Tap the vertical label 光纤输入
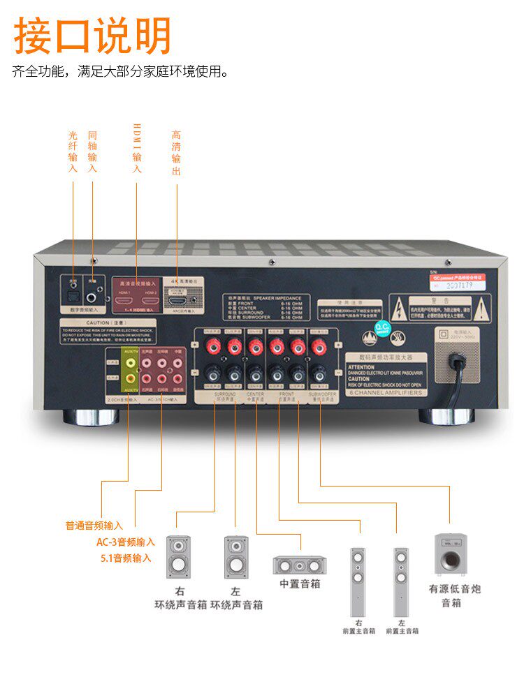[73, 151]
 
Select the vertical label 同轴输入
[93, 151]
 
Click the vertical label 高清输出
[176, 152]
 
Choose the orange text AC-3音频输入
[126, 542]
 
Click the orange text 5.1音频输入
[126, 558]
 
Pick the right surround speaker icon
[177, 556]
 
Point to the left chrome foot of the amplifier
[92, 417]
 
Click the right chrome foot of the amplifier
[447, 417]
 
